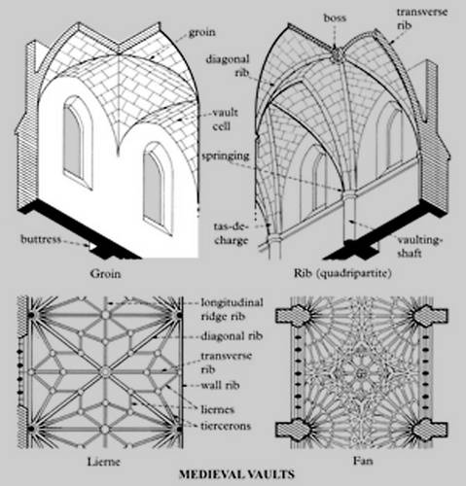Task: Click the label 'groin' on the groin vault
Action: tap(201, 33)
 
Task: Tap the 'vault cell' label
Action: tap(225, 120)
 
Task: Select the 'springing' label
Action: tap(226, 156)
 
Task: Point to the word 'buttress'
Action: tap(41, 239)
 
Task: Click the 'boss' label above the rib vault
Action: tap(335, 17)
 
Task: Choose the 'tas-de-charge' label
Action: tap(231, 233)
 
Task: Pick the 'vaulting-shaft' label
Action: tap(419, 247)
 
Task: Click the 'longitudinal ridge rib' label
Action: tap(232, 309)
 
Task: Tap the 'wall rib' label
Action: tap(220, 385)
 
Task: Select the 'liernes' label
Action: tap(217, 409)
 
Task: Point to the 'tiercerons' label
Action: tap(226, 426)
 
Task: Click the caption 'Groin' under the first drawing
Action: tap(105, 274)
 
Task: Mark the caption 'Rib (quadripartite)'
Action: tap(342, 273)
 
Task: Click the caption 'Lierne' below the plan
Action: tap(104, 462)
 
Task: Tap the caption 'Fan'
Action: tap(363, 461)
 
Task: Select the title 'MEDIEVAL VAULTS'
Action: tap(236, 474)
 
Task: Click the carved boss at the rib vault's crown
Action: tap(337, 55)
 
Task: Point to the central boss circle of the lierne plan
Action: tap(105, 372)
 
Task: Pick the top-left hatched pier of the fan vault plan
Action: tap(293, 315)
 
